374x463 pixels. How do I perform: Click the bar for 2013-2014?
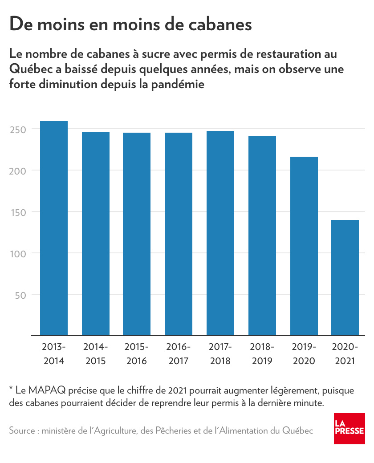[x=54, y=228]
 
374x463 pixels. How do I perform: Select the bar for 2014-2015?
[x=96, y=233]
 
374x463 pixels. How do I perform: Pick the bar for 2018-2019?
[x=262, y=236]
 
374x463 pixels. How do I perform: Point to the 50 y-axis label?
[x=20, y=295]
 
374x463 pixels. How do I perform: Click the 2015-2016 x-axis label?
[x=137, y=354]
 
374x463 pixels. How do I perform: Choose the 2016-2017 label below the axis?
[x=179, y=354]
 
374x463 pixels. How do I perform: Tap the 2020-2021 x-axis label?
[x=345, y=354]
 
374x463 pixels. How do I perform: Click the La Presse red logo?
[x=350, y=428]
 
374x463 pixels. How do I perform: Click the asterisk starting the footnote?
[x=11, y=390]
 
